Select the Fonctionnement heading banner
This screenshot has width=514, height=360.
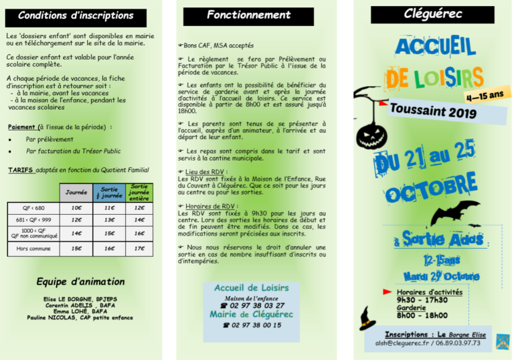(x=248, y=15)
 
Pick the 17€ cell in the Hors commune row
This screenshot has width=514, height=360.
(x=139, y=248)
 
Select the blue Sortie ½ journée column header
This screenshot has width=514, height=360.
(x=108, y=192)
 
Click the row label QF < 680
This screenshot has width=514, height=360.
(x=33, y=208)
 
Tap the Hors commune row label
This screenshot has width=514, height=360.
(x=33, y=248)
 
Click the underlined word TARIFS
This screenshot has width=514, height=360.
(x=21, y=171)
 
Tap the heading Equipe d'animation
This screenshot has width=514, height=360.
(x=80, y=282)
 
